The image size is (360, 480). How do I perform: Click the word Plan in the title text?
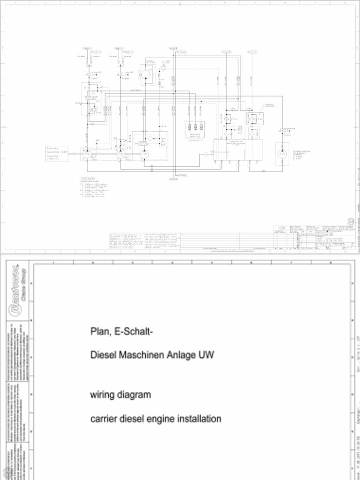pos(98,332)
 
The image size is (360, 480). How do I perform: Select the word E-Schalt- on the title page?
pos(133,332)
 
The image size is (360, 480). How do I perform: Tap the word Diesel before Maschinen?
pos(103,355)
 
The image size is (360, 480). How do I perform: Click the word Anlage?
pos(183,355)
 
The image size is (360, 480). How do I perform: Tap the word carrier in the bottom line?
pos(103,419)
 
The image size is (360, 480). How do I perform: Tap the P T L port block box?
pos(195,126)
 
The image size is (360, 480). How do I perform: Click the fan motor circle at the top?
pos(146,75)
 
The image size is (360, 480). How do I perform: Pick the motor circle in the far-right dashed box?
pos(282,154)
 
